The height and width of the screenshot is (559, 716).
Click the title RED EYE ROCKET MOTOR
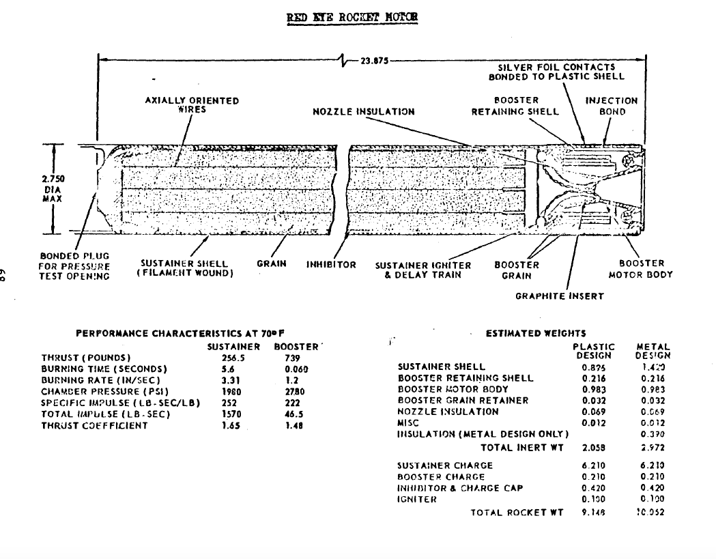352,16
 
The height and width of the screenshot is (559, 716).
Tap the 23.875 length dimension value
374,60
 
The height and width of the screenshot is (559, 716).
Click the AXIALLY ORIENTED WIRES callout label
192,104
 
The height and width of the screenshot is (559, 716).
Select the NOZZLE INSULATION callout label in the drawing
363,111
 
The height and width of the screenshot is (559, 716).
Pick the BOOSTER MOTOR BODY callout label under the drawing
640,269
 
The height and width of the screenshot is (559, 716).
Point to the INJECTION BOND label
611,106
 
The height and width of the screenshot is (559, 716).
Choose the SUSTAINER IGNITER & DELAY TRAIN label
423,270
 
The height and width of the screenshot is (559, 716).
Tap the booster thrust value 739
292,358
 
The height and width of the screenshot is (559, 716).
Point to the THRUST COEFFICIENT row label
94,426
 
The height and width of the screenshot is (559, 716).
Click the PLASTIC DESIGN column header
594,351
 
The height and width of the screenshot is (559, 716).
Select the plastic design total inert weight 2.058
594,448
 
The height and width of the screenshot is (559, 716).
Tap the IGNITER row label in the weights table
417,500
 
